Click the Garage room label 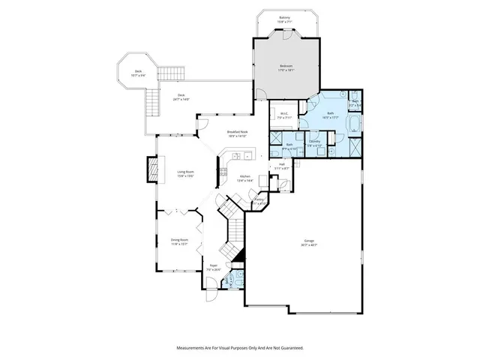point(310,242)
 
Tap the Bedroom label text point(286,67)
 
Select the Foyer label point(213,265)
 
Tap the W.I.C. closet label point(283,115)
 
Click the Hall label point(281,164)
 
